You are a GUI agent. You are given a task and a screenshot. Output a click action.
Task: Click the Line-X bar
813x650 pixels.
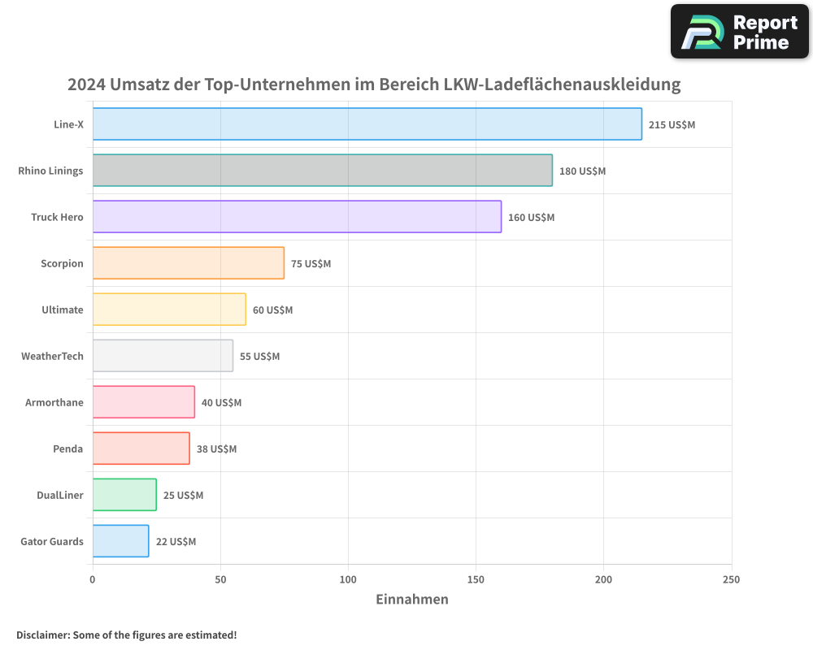[367, 124]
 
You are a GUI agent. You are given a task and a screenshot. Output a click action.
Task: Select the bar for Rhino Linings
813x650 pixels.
[322, 171]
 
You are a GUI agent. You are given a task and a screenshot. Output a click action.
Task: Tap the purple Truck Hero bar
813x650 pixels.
[297, 217]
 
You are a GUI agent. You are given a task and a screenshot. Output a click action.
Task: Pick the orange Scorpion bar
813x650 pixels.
[188, 263]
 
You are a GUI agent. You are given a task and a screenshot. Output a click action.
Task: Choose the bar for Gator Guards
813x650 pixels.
[120, 541]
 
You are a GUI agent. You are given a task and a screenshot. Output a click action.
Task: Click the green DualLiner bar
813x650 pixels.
[124, 495]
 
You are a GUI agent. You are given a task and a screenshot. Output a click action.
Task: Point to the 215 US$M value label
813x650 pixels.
[672, 125]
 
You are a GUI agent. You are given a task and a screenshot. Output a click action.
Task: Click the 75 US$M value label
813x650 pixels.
[311, 264]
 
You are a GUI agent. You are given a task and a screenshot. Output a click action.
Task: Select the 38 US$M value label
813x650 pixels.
[216, 449]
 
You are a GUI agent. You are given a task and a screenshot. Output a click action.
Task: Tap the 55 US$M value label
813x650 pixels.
[259, 357]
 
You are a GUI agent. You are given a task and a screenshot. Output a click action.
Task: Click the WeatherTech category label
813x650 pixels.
[52, 356]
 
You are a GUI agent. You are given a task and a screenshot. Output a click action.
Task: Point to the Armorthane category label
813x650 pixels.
[54, 402]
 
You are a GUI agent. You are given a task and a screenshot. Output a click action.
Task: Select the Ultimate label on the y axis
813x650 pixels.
[63, 310]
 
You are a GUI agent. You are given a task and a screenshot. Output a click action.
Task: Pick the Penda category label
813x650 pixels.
[68, 448]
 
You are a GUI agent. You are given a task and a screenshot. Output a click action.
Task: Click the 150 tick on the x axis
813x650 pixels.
[476, 579]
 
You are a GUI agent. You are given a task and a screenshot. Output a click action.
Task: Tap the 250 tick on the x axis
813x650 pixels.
[731, 579]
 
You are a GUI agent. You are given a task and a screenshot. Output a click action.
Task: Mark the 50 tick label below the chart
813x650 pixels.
[220, 579]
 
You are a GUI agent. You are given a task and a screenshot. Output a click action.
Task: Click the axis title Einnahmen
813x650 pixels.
[411, 600]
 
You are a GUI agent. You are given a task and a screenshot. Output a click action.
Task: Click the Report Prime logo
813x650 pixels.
[739, 32]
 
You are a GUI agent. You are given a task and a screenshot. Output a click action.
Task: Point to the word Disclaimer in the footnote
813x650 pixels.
[41, 635]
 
